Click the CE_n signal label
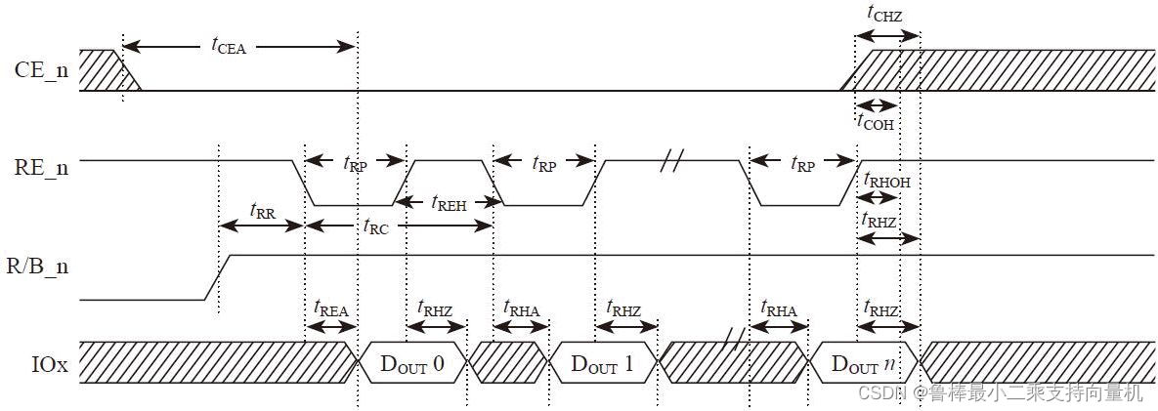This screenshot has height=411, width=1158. [x=41, y=70]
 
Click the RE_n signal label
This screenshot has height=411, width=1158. [x=41, y=167]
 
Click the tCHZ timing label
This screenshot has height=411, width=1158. [x=884, y=13]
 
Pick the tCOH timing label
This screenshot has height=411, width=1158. [x=875, y=121]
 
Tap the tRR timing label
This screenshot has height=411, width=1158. [x=262, y=210]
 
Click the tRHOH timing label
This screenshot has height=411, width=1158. [x=887, y=179]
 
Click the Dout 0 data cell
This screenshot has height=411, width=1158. [x=411, y=364]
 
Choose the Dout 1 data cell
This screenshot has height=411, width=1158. [x=601, y=364]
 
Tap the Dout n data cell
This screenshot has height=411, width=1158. [x=861, y=364]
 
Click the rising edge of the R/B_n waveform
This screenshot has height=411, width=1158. [x=218, y=276]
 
